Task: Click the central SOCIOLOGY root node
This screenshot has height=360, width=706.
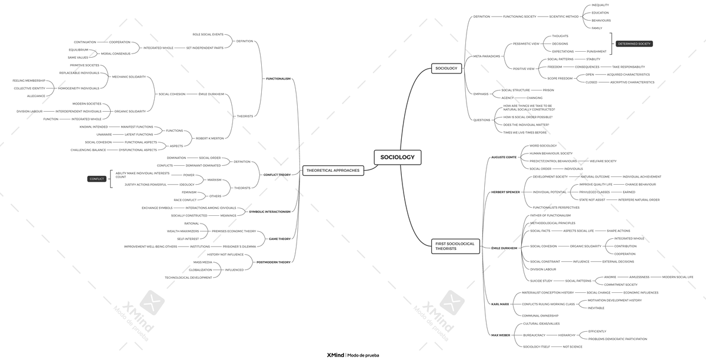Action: click(x=397, y=157)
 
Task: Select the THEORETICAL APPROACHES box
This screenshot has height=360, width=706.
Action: click(x=332, y=170)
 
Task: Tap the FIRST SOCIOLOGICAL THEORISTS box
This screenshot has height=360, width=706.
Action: click(x=455, y=246)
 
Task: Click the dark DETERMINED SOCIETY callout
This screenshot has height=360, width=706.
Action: click(x=634, y=44)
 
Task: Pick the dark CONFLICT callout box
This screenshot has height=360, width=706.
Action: click(x=96, y=179)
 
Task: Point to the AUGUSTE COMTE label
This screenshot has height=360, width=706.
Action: click(x=504, y=157)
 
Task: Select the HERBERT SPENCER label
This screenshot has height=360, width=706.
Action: click(x=505, y=192)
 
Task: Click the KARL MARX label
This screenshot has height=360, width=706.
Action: click(x=500, y=304)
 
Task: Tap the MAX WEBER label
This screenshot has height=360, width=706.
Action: click(x=501, y=335)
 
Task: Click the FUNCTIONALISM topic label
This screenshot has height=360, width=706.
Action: click(x=278, y=78)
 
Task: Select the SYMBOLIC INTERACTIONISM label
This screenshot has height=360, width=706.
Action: click(x=269, y=212)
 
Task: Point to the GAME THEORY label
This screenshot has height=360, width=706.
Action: click(x=279, y=239)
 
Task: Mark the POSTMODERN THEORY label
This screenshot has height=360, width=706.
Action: click(x=274, y=262)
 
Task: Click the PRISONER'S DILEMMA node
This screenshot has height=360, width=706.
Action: click(x=239, y=246)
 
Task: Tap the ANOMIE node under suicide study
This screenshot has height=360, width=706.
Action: click(x=610, y=277)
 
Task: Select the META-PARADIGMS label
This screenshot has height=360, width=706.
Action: click(x=487, y=56)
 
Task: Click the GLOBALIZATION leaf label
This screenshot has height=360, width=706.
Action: click(x=200, y=270)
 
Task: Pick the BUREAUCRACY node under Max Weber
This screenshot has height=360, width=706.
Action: click(x=534, y=335)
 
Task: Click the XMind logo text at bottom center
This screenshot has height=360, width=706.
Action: click(x=335, y=355)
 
